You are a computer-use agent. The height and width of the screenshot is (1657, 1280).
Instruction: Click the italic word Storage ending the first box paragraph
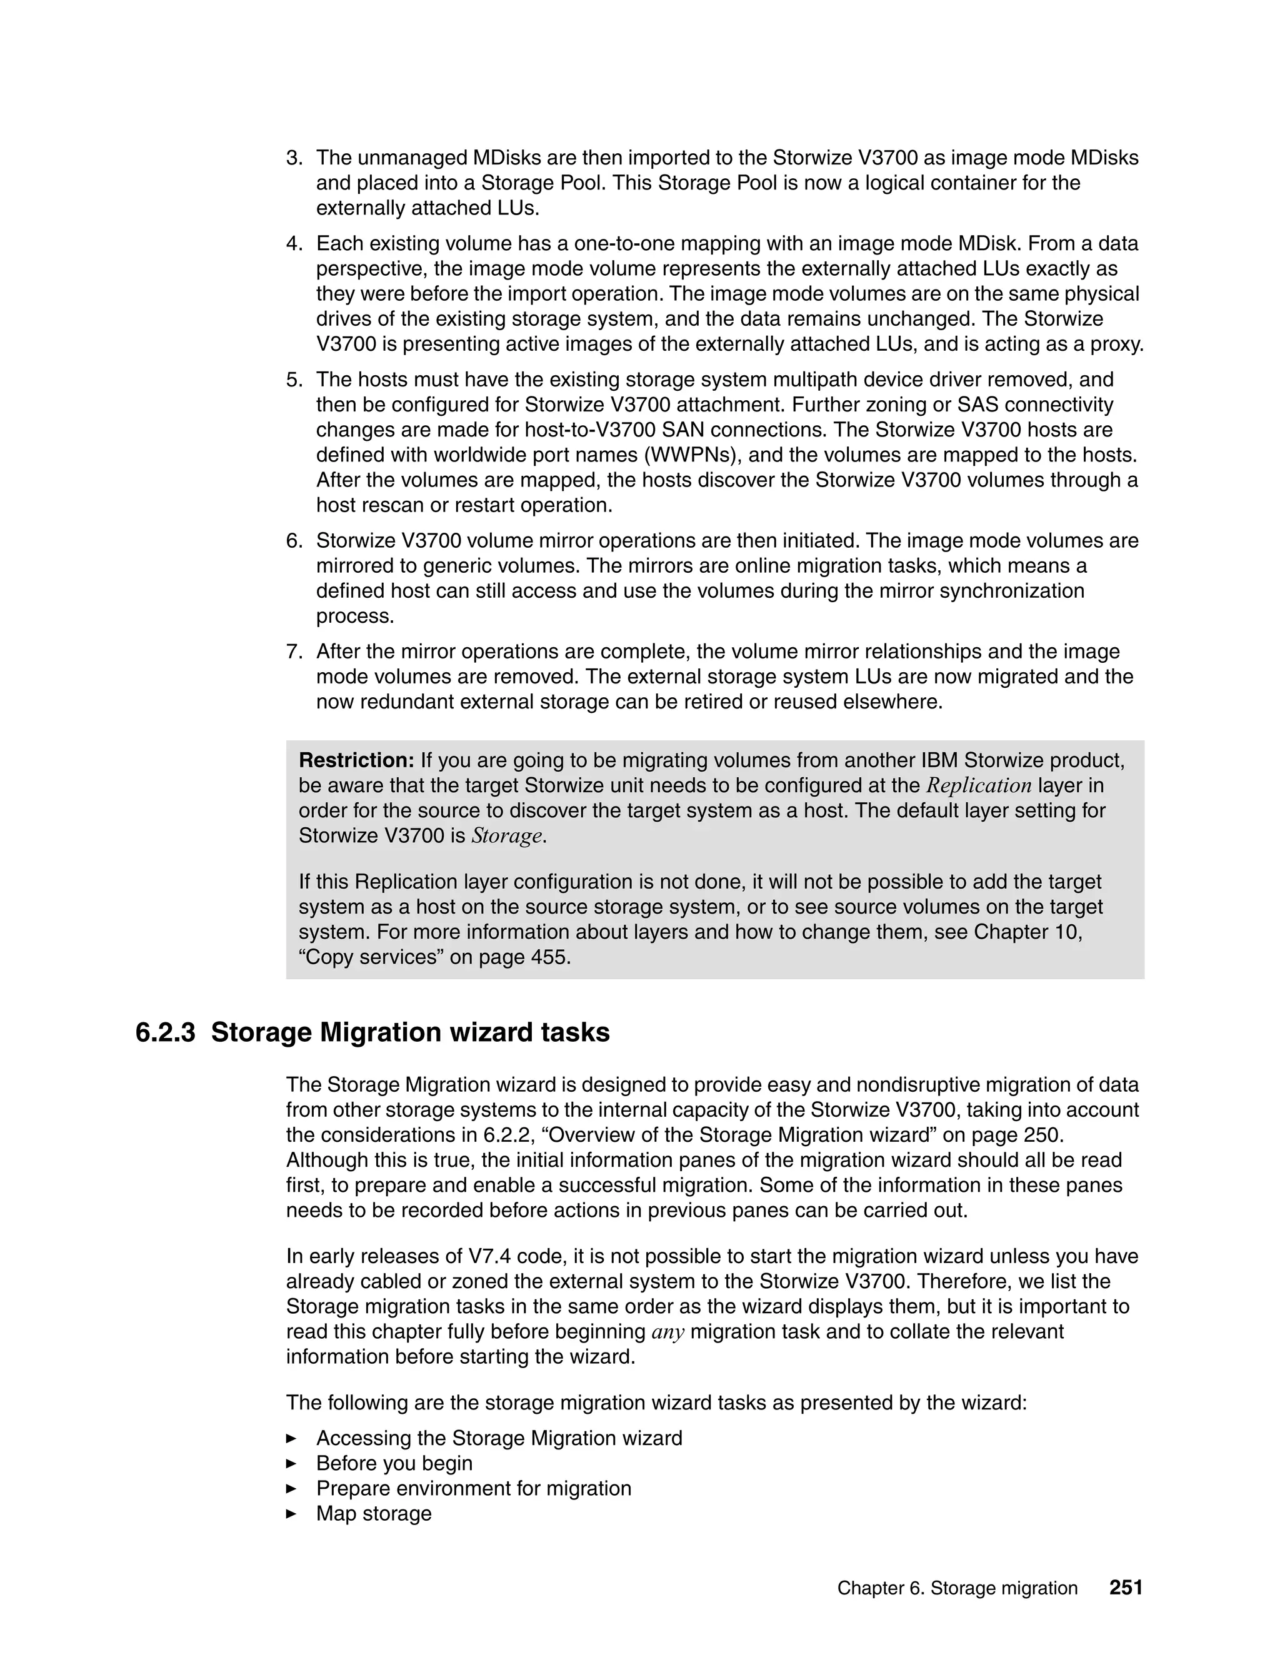point(506,836)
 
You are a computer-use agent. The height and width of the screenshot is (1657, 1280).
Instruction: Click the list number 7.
point(294,652)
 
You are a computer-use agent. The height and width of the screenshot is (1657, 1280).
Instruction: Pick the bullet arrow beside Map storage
point(291,1514)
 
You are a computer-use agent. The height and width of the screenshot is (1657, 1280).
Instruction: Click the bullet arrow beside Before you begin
point(291,1464)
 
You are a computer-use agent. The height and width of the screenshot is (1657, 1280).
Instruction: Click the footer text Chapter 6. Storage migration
point(957,1589)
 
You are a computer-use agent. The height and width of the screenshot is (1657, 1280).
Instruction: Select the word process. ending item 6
point(356,616)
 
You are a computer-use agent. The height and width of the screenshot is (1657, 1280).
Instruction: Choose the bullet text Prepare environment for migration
point(473,1489)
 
